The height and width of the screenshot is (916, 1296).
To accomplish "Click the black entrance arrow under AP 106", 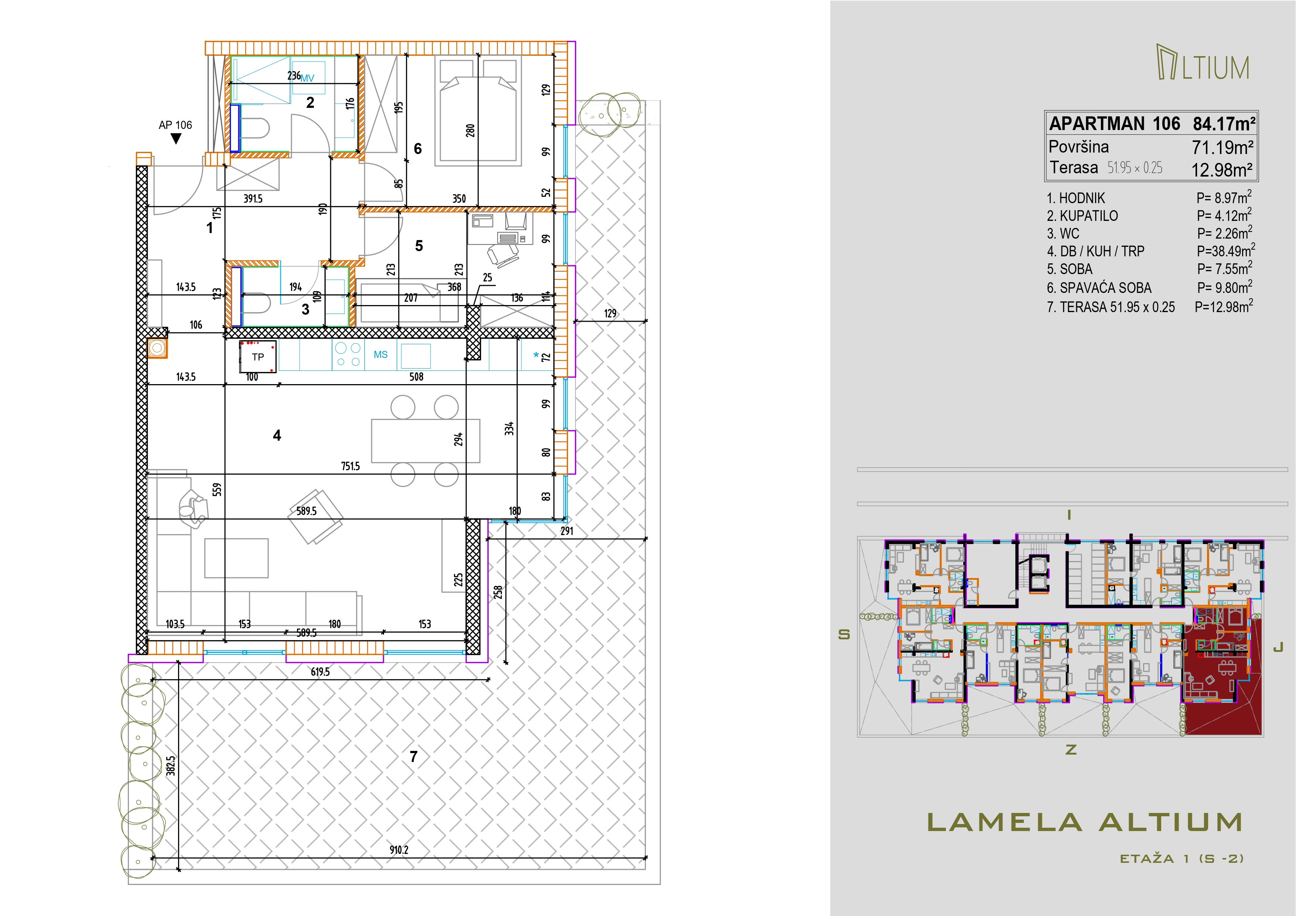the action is [176, 138].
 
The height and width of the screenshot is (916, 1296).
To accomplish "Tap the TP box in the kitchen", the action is [258, 357].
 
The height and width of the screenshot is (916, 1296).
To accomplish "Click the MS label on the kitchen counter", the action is [380, 355].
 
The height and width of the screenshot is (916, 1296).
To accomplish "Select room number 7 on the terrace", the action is [414, 757].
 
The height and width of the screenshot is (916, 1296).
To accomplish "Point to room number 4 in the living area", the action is [277, 435].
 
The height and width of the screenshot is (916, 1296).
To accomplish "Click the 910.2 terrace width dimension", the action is [399, 850].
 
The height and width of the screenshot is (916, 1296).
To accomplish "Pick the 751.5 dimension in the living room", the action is [350, 466].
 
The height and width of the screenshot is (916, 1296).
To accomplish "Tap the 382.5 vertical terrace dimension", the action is [171, 766].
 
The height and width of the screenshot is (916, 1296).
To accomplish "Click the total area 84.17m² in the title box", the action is [1224, 124].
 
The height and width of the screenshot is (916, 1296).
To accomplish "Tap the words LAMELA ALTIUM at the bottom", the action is [1085, 822].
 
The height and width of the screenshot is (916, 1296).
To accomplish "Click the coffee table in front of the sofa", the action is [236, 558].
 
